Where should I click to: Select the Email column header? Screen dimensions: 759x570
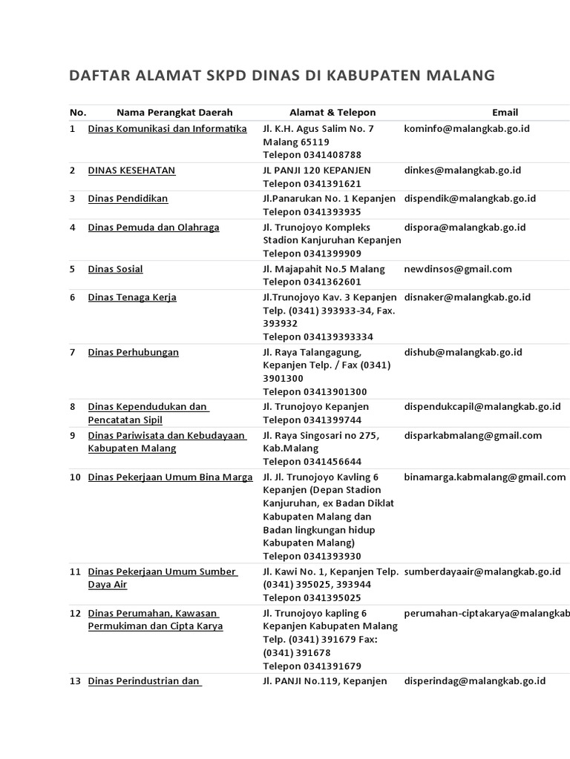pos(505,113)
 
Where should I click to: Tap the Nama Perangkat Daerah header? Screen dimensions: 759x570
pos(174,113)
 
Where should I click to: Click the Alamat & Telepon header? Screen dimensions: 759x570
pos(332,113)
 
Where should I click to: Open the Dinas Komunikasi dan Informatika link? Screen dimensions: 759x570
pos(167,129)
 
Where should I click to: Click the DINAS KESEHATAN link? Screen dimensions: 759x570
pos(131,170)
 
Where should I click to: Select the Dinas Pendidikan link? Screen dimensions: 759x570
pos(128,199)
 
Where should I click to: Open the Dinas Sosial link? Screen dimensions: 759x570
pos(115,269)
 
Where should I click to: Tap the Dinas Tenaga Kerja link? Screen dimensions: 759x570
pos(132,297)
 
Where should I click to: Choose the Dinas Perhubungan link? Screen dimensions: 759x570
pos(133,352)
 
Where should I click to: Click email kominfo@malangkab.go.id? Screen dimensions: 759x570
pos(467,129)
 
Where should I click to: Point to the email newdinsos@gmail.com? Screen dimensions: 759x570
pos(458,269)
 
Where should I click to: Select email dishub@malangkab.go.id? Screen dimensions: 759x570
pos(463,352)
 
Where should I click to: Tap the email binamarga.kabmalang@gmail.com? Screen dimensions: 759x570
pos(485,477)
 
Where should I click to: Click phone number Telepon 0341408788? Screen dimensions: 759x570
pos(312,155)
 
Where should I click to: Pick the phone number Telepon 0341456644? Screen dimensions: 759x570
pos(312,462)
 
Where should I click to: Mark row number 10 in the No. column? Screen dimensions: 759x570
pos(75,477)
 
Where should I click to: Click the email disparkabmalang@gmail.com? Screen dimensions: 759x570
pos(473,436)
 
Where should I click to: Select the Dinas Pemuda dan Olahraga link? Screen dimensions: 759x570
pos(154,228)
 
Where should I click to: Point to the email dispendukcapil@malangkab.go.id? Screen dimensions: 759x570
pos(482,407)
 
